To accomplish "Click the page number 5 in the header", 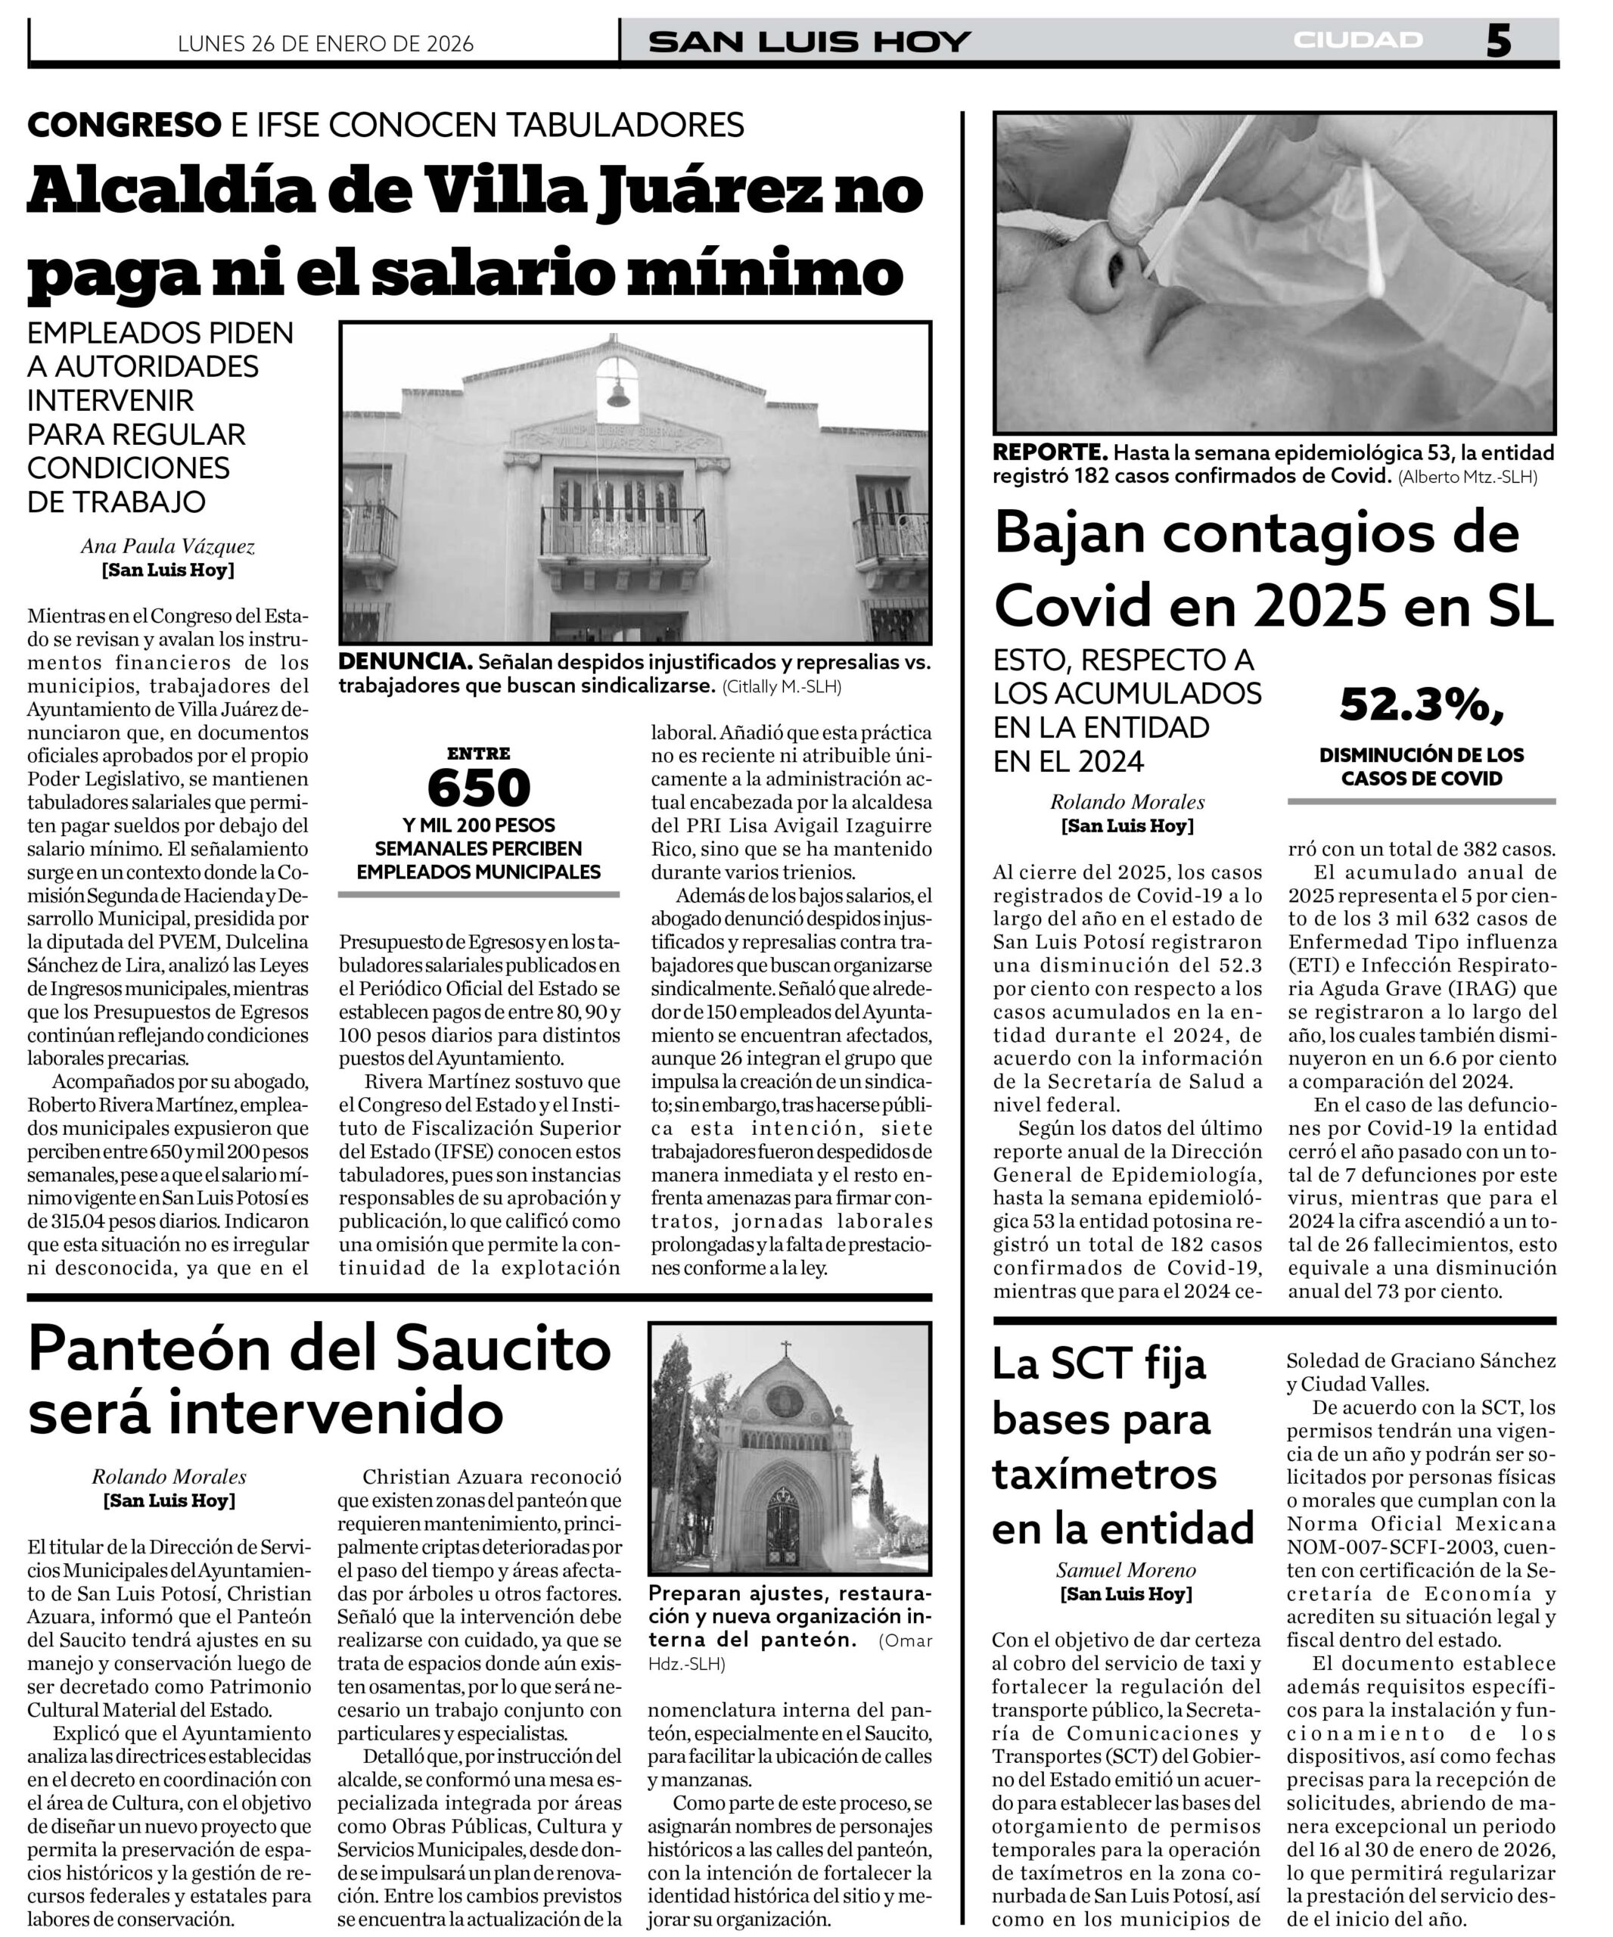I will [x=1498, y=42].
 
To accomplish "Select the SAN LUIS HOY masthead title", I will [x=810, y=42].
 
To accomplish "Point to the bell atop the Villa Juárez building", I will [x=617, y=395].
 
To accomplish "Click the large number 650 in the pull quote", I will [x=479, y=788].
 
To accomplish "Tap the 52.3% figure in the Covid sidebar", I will [x=1421, y=707].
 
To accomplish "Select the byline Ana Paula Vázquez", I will [x=168, y=546].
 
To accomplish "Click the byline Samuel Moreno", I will [x=1126, y=1570].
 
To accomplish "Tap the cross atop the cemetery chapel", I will [x=786, y=1349].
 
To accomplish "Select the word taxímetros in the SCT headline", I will [x=1104, y=1474].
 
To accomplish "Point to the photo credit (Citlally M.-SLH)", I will [x=782, y=686].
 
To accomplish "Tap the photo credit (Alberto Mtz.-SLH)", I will [x=1467, y=477].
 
